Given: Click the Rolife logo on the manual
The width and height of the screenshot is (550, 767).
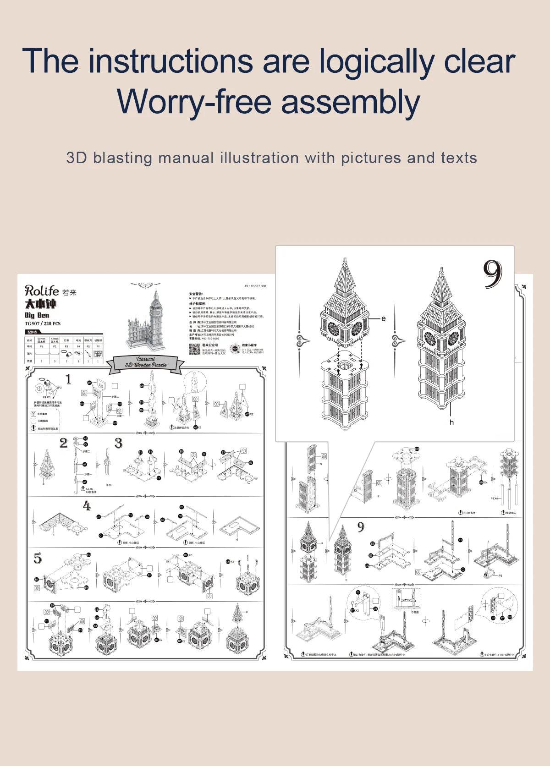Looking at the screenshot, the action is [x=42, y=290].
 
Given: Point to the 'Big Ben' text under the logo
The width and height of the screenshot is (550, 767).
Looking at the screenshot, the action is [x=37, y=315].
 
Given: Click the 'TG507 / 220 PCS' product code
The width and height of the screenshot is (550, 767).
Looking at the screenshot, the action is [x=43, y=323].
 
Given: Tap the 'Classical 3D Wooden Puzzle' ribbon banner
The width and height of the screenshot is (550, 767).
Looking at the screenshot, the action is [x=146, y=362].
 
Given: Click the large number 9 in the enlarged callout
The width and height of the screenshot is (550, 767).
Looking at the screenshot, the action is [x=493, y=275].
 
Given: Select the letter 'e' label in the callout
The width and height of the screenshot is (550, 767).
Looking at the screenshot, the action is [x=384, y=318].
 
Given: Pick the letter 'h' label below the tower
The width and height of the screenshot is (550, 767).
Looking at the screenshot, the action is [x=451, y=422].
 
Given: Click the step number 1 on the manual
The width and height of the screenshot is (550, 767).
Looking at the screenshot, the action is [x=68, y=379].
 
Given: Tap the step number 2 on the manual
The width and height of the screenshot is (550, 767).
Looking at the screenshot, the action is [x=64, y=443].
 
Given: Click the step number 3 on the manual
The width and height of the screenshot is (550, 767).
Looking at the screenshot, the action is [x=118, y=443].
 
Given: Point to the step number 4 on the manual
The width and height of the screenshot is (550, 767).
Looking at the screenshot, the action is [x=87, y=506].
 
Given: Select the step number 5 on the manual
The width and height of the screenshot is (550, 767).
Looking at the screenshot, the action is [x=38, y=559].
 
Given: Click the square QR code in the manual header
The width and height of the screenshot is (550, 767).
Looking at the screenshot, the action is [x=195, y=349].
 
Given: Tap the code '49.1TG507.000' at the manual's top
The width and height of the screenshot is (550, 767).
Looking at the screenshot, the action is [x=255, y=286].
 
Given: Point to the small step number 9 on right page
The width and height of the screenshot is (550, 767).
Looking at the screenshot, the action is [x=361, y=527].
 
